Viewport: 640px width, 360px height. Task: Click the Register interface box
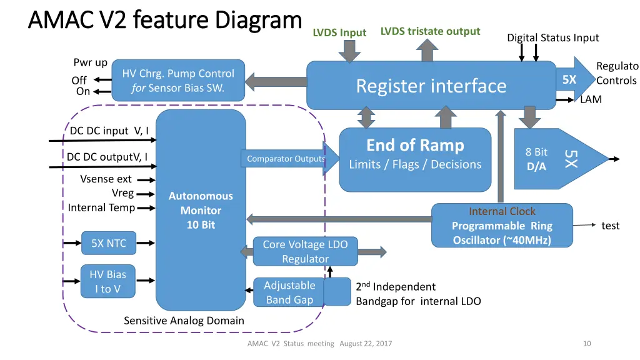[431, 86]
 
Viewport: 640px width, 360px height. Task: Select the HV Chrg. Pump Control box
[178, 81]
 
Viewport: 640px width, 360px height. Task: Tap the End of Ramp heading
[415, 146]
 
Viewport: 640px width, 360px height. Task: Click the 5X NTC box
[109, 243]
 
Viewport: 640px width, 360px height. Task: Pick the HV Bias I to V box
[107, 281]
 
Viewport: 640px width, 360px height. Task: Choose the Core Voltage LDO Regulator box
[305, 251]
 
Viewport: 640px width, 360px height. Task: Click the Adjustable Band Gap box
[289, 292]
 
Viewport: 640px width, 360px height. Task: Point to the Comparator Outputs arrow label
[286, 159]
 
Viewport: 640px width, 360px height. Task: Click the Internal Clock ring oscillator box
[502, 226]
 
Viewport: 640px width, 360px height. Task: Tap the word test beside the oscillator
[610, 226]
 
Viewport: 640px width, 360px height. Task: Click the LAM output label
[591, 99]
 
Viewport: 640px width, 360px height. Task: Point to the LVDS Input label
[339, 32]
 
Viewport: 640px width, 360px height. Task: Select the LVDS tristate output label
[430, 31]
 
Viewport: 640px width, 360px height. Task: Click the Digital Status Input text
[552, 37]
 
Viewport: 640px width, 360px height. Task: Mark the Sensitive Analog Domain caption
[184, 321]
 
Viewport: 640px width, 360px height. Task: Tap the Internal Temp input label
[101, 207]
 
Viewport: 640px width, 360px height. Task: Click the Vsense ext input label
[106, 179]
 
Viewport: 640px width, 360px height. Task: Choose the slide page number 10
[586, 343]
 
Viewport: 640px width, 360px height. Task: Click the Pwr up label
[90, 62]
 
